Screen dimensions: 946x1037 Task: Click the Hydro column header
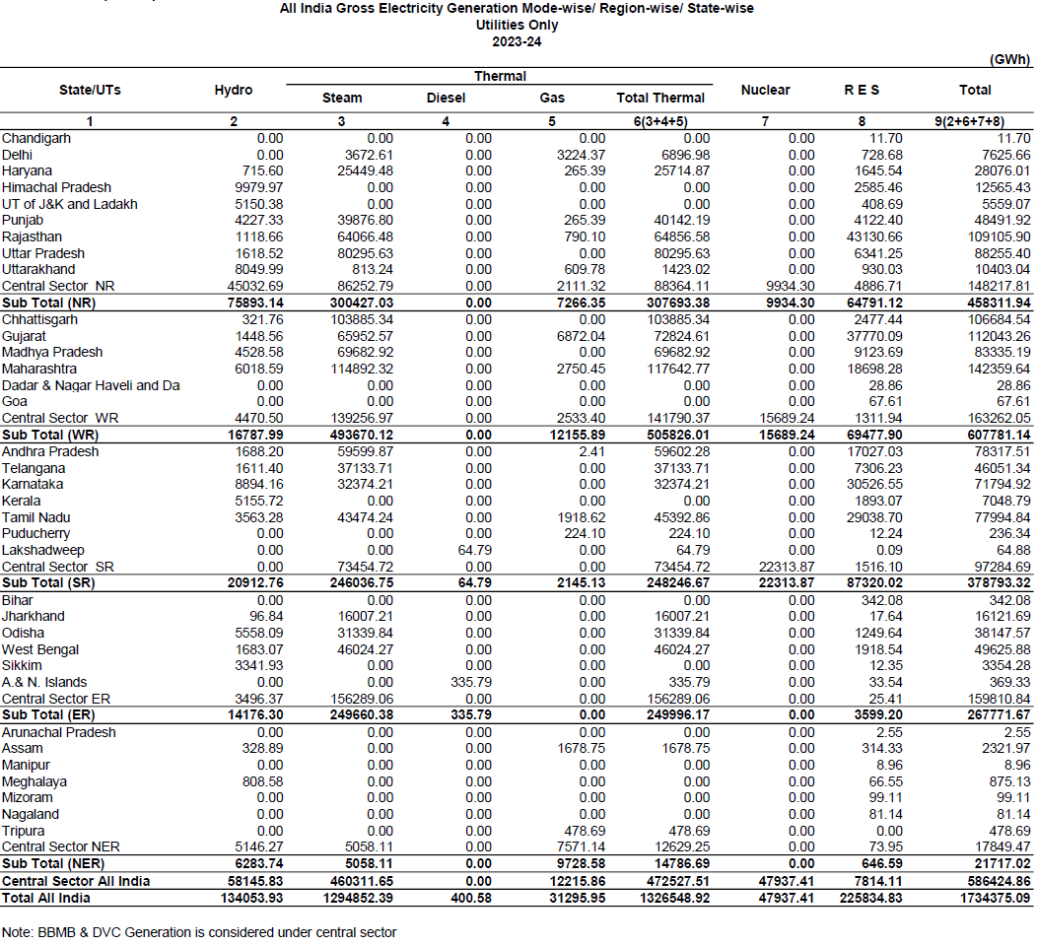pyautogui.click(x=234, y=90)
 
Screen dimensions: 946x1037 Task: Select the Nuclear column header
pyautogui.click(x=765, y=90)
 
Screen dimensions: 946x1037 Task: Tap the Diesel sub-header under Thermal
pyautogui.click(x=446, y=98)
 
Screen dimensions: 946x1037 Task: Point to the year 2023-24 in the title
pyautogui.click(x=518, y=41)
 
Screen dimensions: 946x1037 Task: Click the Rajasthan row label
pyautogui.click(x=32, y=236)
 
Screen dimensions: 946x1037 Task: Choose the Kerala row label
pyautogui.click(x=21, y=501)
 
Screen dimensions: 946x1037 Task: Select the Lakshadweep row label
pyautogui.click(x=43, y=550)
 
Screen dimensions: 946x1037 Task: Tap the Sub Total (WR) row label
pyautogui.click(x=48, y=435)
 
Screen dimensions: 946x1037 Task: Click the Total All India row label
pyautogui.click(x=46, y=898)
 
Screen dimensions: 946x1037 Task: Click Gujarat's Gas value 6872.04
pyautogui.click(x=583, y=336)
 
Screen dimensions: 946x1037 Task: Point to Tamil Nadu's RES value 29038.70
pyautogui.click(x=873, y=517)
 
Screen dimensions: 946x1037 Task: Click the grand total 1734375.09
pyautogui.click(x=990, y=898)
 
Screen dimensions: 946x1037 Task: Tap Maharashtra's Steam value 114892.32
pyautogui.click(x=358, y=369)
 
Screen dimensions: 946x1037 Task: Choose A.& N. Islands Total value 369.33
pyautogui.click(x=1008, y=682)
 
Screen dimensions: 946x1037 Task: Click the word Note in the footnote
pyautogui.click(x=18, y=931)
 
